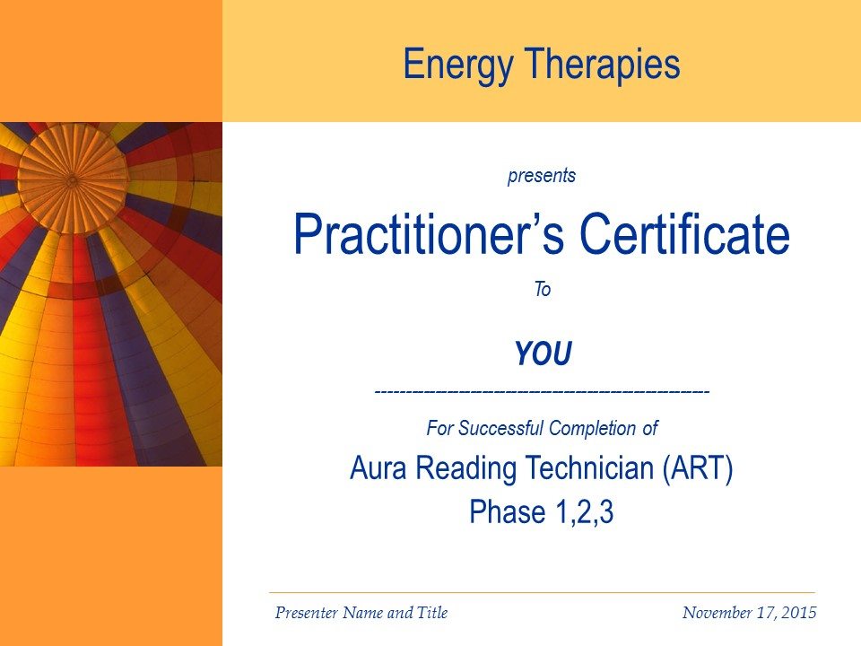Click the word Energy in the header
[x=459, y=65]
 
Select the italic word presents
[x=542, y=176]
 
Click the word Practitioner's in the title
[x=430, y=234]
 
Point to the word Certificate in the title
[x=684, y=234]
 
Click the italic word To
[x=543, y=289]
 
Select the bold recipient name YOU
[x=544, y=354]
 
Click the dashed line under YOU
[x=542, y=392]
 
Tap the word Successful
[x=500, y=428]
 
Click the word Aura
[x=378, y=468]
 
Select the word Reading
[x=465, y=469]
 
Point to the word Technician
[x=589, y=468]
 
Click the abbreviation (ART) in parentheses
[x=698, y=468]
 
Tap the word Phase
[x=508, y=512]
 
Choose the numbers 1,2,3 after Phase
[x=584, y=512]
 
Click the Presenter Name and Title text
[x=361, y=613]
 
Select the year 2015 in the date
[x=799, y=613]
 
